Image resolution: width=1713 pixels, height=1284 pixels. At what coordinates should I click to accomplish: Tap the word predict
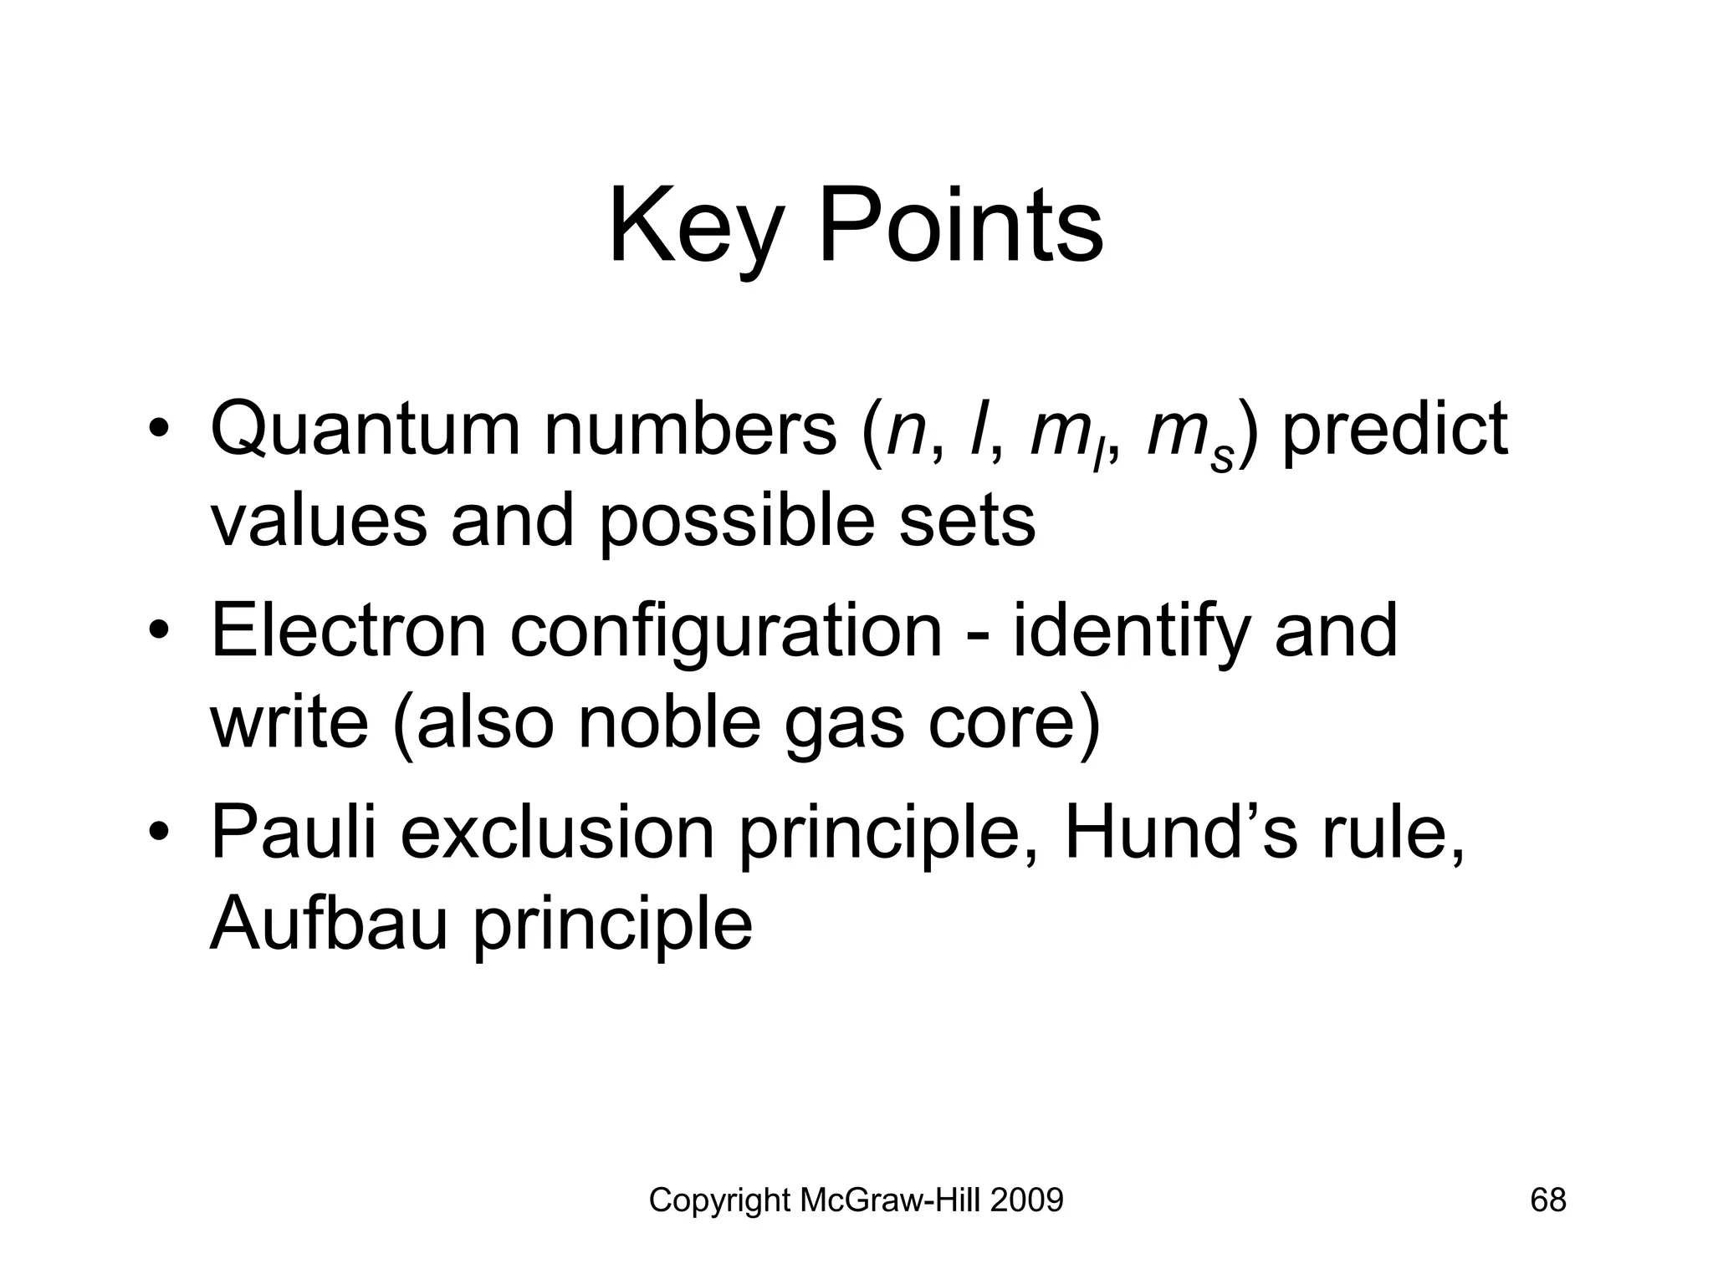[1394, 430]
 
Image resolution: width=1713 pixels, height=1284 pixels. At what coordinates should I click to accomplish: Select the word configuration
[726, 632]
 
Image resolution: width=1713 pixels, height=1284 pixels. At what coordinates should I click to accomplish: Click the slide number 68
[1547, 1200]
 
